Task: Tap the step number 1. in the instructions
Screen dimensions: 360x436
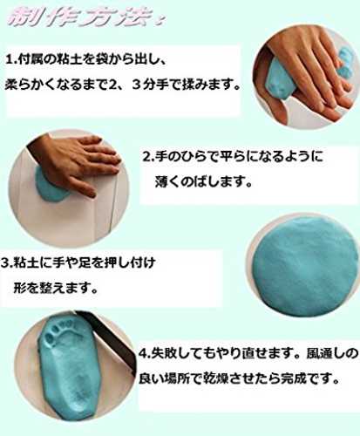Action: coord(11,60)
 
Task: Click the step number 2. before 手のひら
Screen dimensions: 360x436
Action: coord(148,157)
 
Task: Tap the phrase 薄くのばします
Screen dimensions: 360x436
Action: coord(203,182)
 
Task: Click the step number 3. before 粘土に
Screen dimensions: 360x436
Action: coord(7,263)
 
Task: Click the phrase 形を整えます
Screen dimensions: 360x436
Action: coord(55,288)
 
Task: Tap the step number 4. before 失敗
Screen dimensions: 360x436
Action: coord(145,354)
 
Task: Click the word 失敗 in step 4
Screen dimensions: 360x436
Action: coord(164,353)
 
